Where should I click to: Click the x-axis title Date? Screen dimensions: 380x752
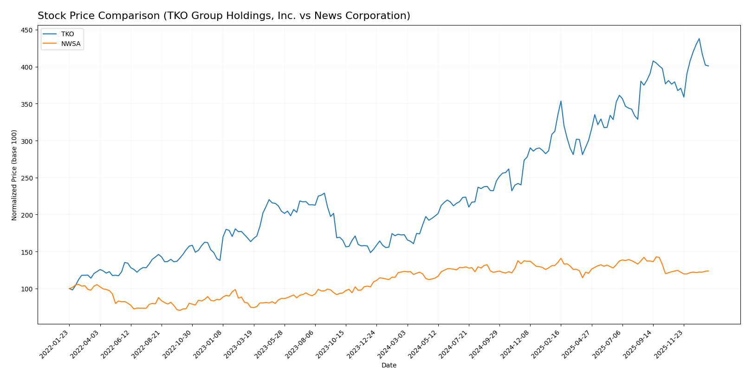point(389,366)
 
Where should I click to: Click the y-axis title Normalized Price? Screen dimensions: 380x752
point(14,175)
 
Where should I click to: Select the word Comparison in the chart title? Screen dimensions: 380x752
point(117,16)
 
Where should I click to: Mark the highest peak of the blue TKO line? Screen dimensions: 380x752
point(699,39)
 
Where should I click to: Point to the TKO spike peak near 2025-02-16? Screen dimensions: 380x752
point(561,101)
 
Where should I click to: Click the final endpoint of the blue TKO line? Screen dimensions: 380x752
point(708,66)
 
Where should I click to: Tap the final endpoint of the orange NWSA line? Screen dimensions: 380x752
point(708,271)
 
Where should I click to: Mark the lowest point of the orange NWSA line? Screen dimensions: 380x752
point(180,310)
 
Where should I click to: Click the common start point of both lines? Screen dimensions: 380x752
point(69,289)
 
